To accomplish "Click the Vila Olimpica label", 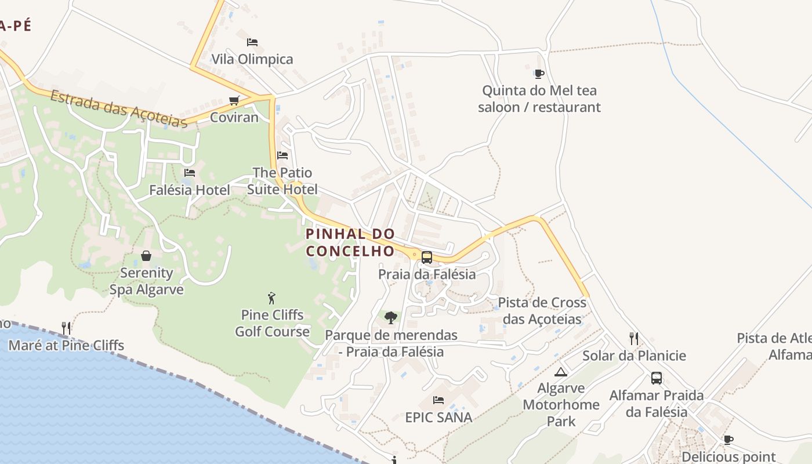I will (252, 59).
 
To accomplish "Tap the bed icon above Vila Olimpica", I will (252, 42).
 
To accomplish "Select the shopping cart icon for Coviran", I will (234, 101).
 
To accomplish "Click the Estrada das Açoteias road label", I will (118, 108).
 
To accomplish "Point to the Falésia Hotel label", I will (189, 190).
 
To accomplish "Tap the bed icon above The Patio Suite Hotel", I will (282, 155).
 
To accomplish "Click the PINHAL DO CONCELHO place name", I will (350, 242).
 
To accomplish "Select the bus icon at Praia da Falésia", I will (427, 258).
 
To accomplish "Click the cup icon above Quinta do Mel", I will (539, 74).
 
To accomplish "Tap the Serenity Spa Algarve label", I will (146, 281).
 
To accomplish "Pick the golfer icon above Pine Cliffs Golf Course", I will (271, 298).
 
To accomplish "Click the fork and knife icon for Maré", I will (66, 328).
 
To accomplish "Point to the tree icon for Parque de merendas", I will (391, 318).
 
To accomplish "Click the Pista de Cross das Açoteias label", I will (542, 311).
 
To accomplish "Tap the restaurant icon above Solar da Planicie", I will (634, 339).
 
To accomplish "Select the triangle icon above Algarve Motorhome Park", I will (560, 372).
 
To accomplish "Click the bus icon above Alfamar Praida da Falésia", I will (657, 378).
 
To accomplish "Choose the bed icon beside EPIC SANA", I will (438, 400).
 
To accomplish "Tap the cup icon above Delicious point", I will (728, 440).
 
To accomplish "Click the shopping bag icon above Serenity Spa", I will (146, 256).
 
